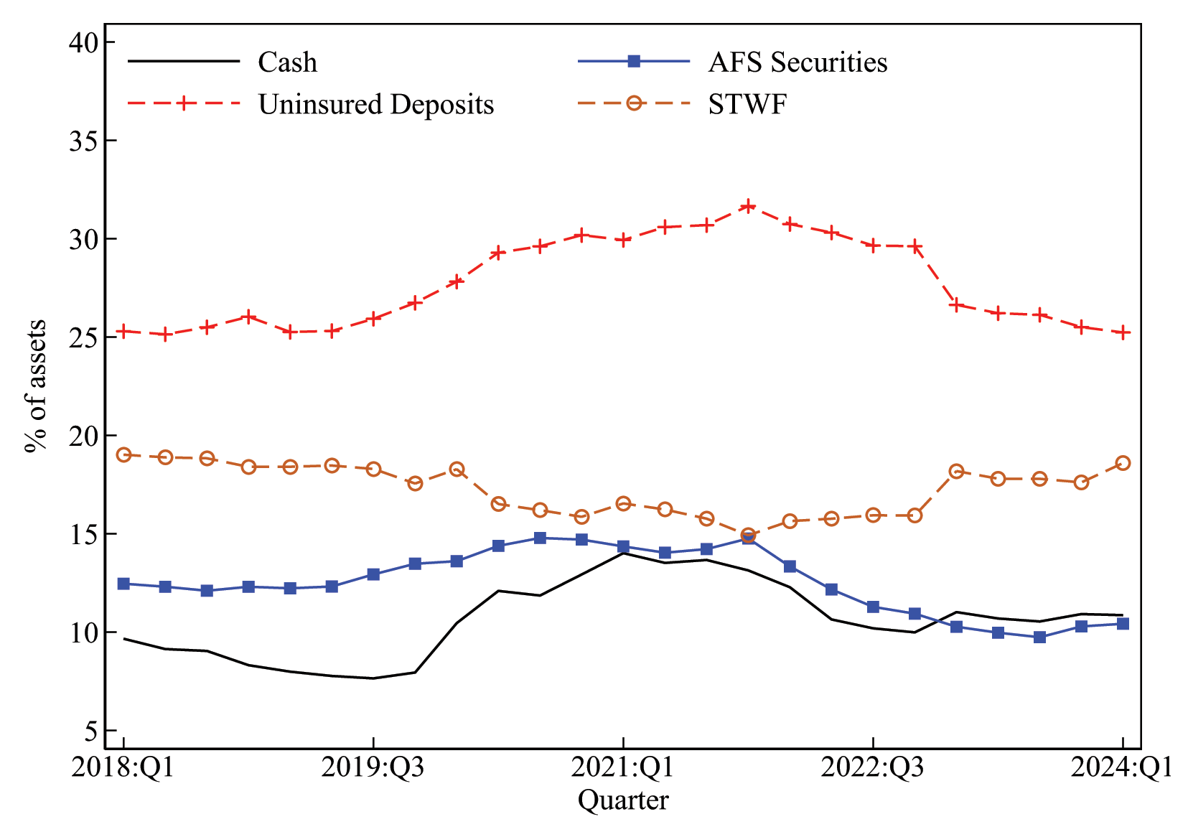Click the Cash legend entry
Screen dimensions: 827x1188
coord(287,62)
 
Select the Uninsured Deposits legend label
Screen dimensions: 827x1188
coord(375,104)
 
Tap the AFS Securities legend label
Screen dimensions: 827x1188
coord(798,62)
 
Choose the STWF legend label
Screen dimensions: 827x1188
coord(747,104)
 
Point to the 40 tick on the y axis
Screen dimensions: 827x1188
coord(83,42)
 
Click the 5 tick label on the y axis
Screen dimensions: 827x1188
coord(90,731)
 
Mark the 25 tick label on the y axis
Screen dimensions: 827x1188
coord(83,337)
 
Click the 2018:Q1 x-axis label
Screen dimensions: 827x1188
coord(123,768)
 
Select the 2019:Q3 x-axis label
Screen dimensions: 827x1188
coord(373,768)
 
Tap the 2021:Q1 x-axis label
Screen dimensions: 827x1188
coord(622,768)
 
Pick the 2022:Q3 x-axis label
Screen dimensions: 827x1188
coord(872,768)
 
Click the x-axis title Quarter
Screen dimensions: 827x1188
coord(623,800)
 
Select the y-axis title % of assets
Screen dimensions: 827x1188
coord(36,386)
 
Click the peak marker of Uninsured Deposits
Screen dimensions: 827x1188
coord(748,206)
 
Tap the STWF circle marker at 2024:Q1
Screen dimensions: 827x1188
coord(1123,463)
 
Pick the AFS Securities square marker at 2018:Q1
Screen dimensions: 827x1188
coord(123,584)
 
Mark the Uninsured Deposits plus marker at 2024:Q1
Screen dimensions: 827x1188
coord(1123,332)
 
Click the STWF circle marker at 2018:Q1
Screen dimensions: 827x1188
coord(123,454)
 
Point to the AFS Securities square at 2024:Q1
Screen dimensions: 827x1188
coord(1123,624)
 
